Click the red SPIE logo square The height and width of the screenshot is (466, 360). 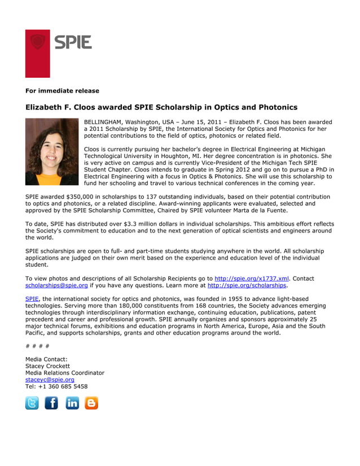coord(37,53)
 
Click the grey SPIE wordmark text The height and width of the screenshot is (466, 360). coord(73,42)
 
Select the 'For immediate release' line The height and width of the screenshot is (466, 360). coord(62,91)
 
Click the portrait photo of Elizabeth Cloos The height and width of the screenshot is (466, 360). coord(52,151)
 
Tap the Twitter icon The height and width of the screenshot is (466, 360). coord(32,403)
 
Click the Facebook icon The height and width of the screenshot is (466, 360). coord(51,403)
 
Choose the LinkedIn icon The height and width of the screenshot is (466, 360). coord(72,403)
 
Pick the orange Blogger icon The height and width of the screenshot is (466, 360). coord(91,403)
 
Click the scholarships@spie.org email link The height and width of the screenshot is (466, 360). coord(56,285)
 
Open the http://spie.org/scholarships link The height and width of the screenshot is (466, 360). coord(247,285)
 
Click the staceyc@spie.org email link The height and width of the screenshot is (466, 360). coord(50,380)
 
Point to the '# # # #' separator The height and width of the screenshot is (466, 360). coord(37,346)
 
